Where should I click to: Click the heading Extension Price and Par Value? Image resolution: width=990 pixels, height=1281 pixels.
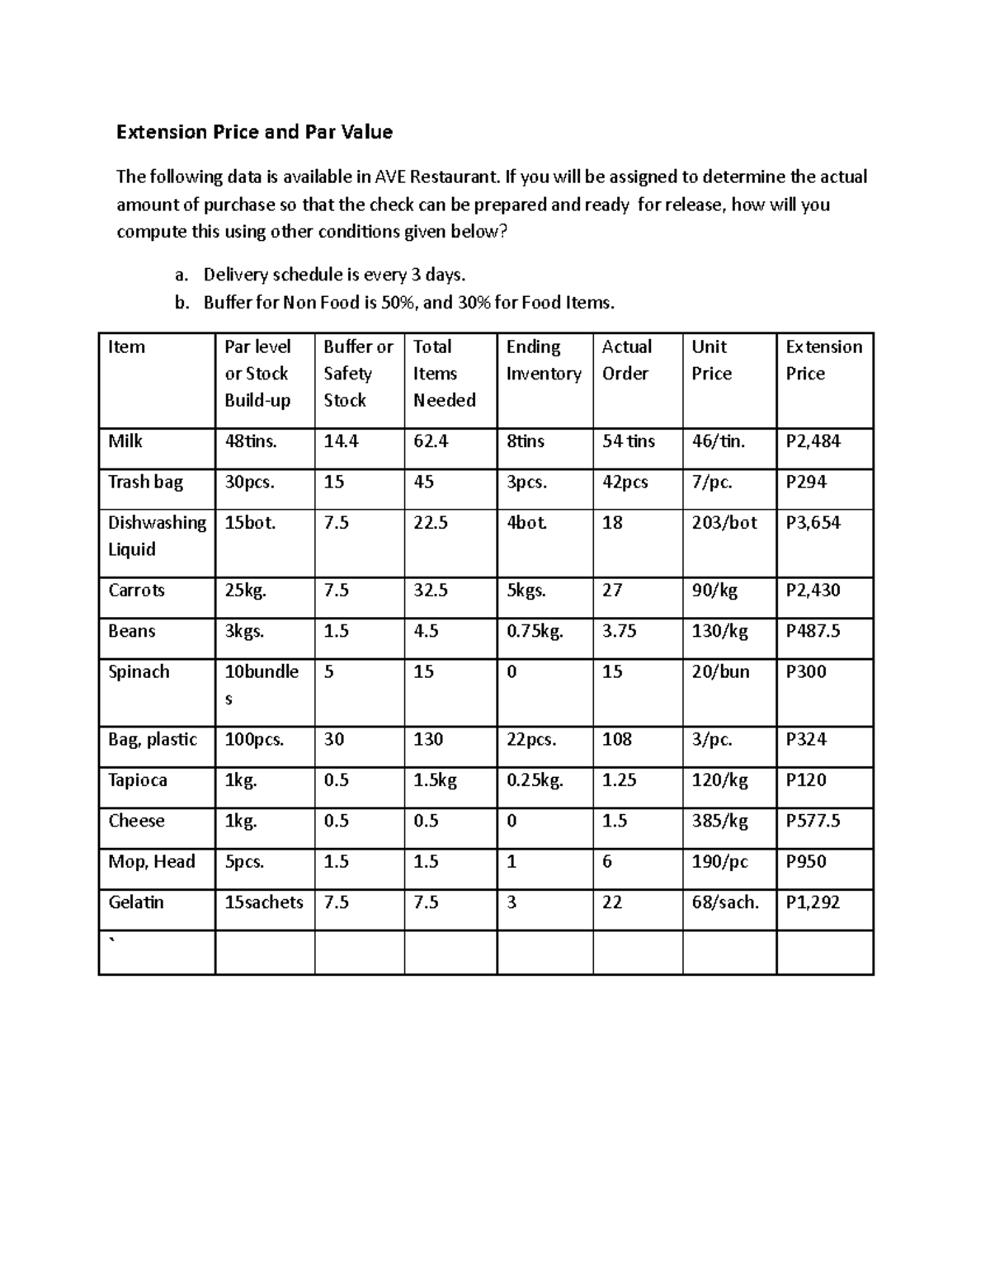pyautogui.click(x=254, y=132)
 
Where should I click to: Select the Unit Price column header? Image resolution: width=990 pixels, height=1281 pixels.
pyautogui.click(x=711, y=360)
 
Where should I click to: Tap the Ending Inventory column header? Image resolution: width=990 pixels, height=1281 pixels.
pyautogui.click(x=544, y=360)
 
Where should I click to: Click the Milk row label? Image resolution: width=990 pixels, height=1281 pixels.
pyautogui.click(x=125, y=441)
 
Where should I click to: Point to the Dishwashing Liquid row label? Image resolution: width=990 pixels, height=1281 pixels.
pyautogui.click(x=157, y=536)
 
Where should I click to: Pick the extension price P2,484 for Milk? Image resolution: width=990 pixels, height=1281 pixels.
pyautogui.click(x=813, y=441)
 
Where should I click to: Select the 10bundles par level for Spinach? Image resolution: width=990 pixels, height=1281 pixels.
pyautogui.click(x=262, y=685)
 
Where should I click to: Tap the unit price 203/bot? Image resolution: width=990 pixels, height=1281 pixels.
pyautogui.click(x=724, y=523)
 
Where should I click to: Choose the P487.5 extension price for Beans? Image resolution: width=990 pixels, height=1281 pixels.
pyautogui.click(x=813, y=631)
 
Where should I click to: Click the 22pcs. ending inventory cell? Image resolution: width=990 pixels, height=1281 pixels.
pyautogui.click(x=531, y=740)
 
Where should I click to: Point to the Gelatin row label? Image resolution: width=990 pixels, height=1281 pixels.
pyautogui.click(x=136, y=902)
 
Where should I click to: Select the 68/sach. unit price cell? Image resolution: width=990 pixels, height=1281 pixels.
pyautogui.click(x=724, y=902)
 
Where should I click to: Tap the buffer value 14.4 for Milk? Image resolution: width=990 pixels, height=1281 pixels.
pyautogui.click(x=341, y=441)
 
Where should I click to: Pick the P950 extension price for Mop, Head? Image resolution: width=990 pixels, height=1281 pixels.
pyautogui.click(x=806, y=862)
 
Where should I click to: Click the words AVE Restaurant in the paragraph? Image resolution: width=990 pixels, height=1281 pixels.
pyautogui.click(x=437, y=177)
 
